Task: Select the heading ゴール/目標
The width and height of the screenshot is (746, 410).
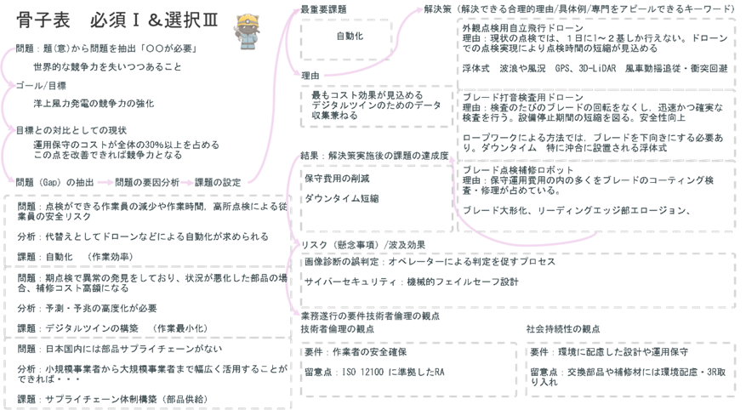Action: click(x=41, y=86)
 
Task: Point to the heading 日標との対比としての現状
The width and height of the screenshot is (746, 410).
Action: click(x=57, y=130)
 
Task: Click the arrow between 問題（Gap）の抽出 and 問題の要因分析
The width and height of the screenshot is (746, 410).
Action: click(x=104, y=181)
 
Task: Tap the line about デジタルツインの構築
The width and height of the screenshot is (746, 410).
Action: click(x=89, y=327)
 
